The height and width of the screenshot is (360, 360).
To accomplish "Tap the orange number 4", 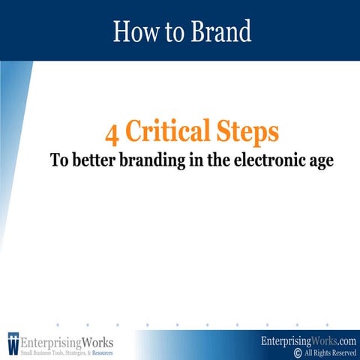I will [112, 133].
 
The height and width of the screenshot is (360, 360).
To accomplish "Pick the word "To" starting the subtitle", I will [58, 160].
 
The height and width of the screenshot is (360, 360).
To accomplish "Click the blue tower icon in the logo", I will [13, 342].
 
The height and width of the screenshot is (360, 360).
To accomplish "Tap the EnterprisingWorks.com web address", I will [307, 340].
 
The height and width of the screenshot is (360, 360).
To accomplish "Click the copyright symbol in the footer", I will [298, 352].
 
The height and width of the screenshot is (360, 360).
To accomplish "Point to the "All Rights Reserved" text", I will [330, 352].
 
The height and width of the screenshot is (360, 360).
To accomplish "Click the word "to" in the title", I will [172, 31].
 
